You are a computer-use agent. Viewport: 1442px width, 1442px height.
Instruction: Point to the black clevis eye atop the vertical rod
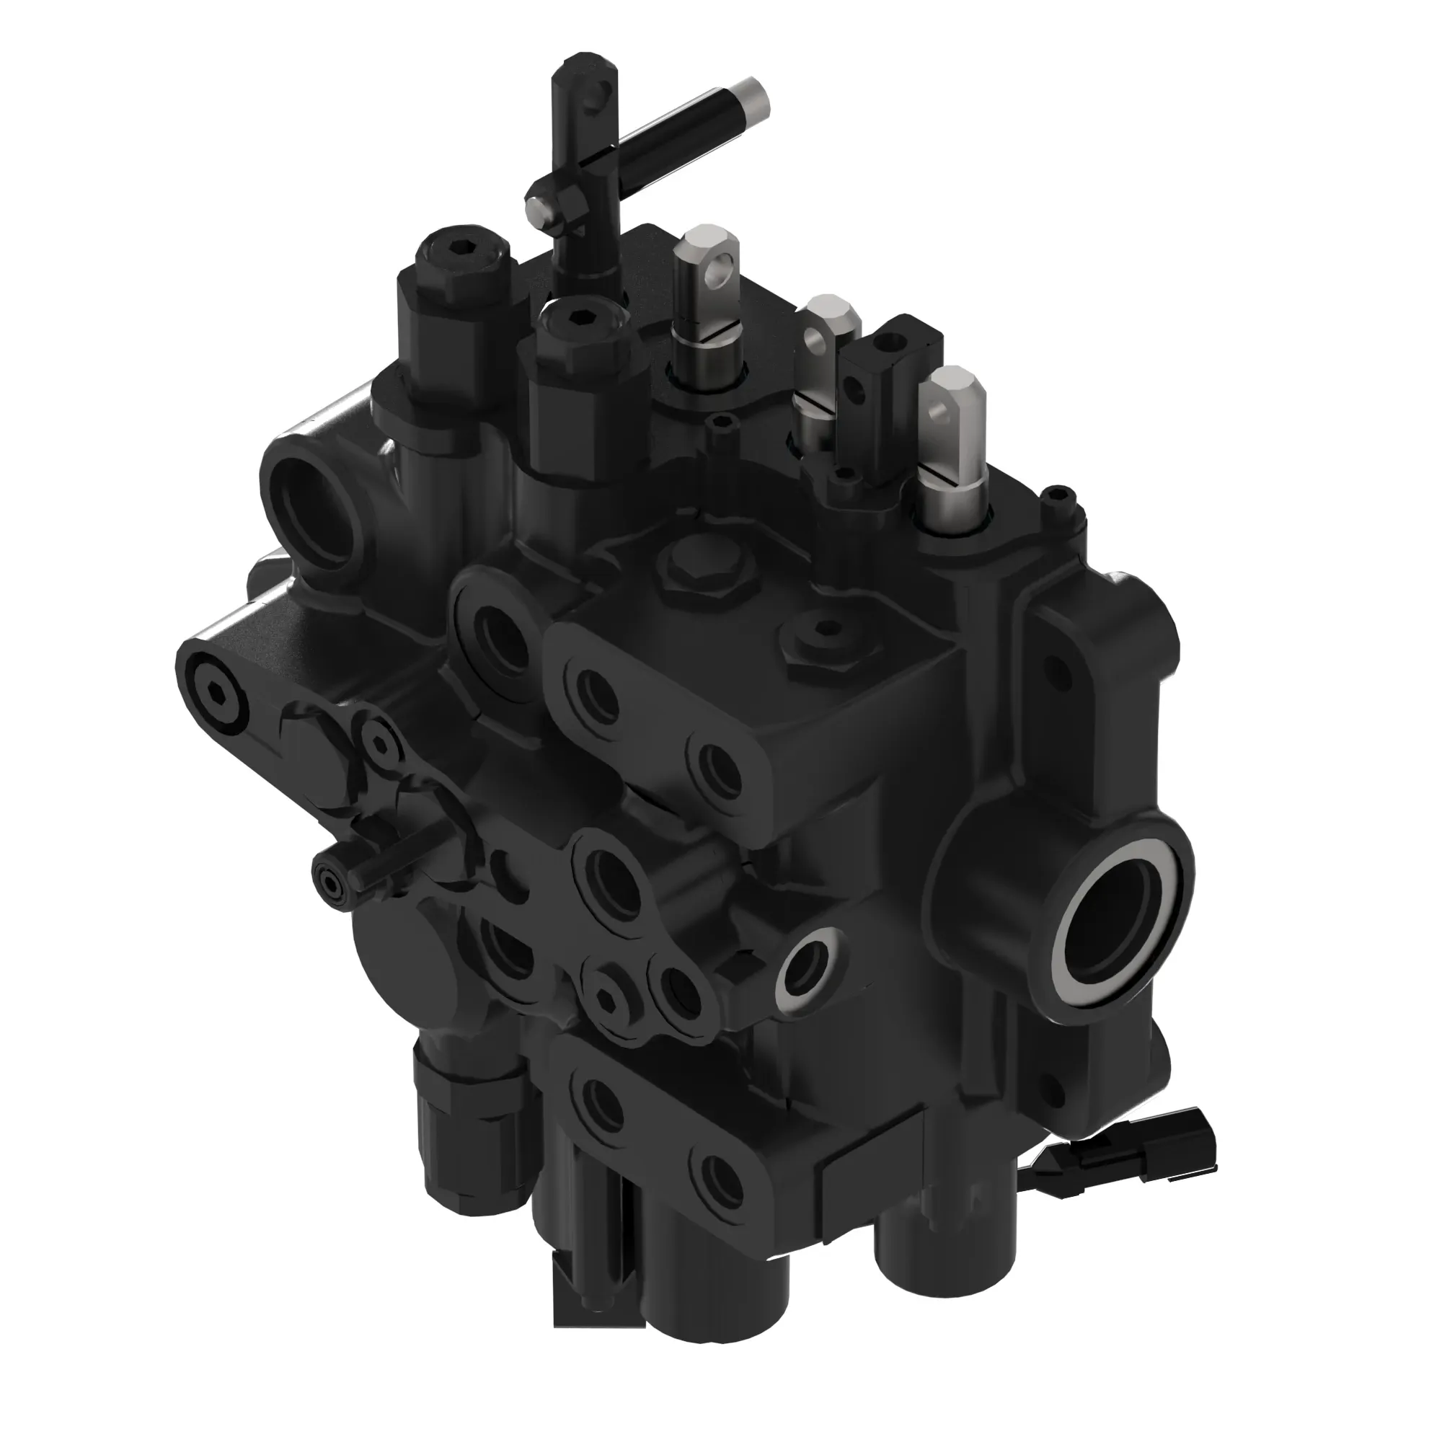(x=590, y=89)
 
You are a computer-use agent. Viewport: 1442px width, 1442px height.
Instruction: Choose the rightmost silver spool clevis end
(x=952, y=403)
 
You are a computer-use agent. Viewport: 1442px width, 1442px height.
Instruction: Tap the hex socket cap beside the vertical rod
(x=579, y=319)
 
